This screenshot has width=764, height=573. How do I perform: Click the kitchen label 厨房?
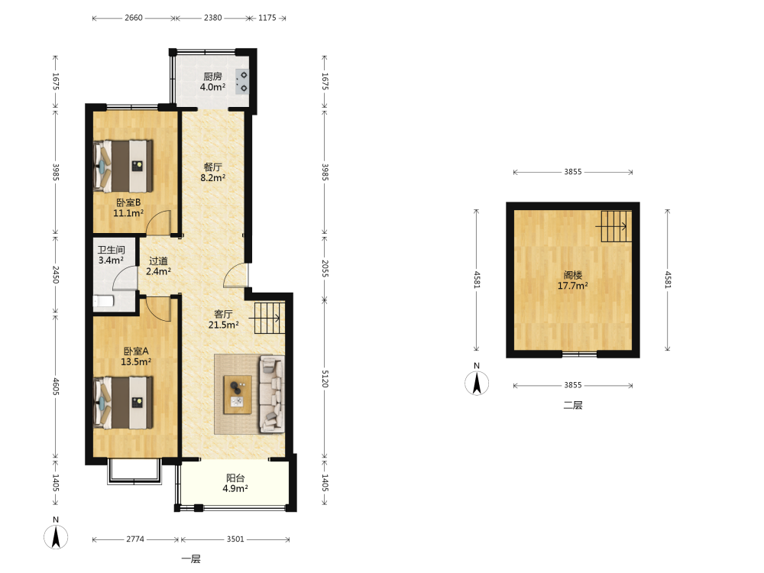click(x=213, y=76)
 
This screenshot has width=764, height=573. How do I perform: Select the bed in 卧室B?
click(x=123, y=166)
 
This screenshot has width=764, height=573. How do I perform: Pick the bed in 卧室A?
click(x=123, y=403)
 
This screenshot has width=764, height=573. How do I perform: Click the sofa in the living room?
click(x=272, y=394)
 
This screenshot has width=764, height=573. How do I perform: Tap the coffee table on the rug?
click(x=238, y=395)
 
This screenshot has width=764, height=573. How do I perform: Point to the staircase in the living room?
click(x=268, y=318)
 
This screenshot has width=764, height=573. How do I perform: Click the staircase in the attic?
click(x=616, y=226)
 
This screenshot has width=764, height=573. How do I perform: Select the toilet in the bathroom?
click(x=103, y=302)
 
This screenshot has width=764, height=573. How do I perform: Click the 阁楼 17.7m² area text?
click(x=573, y=280)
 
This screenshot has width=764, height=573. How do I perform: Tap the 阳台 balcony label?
click(x=235, y=478)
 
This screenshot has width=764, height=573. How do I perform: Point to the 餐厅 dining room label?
click(x=213, y=167)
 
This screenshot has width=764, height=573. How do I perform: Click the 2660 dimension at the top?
click(x=134, y=18)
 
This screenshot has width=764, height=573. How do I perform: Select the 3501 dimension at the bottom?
click(x=235, y=539)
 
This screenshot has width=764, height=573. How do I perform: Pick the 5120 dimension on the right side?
click(x=325, y=379)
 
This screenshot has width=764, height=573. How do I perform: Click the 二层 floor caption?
click(x=573, y=405)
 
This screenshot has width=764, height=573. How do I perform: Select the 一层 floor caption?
click(x=191, y=559)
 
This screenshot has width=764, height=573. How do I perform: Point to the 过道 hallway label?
click(x=158, y=261)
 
